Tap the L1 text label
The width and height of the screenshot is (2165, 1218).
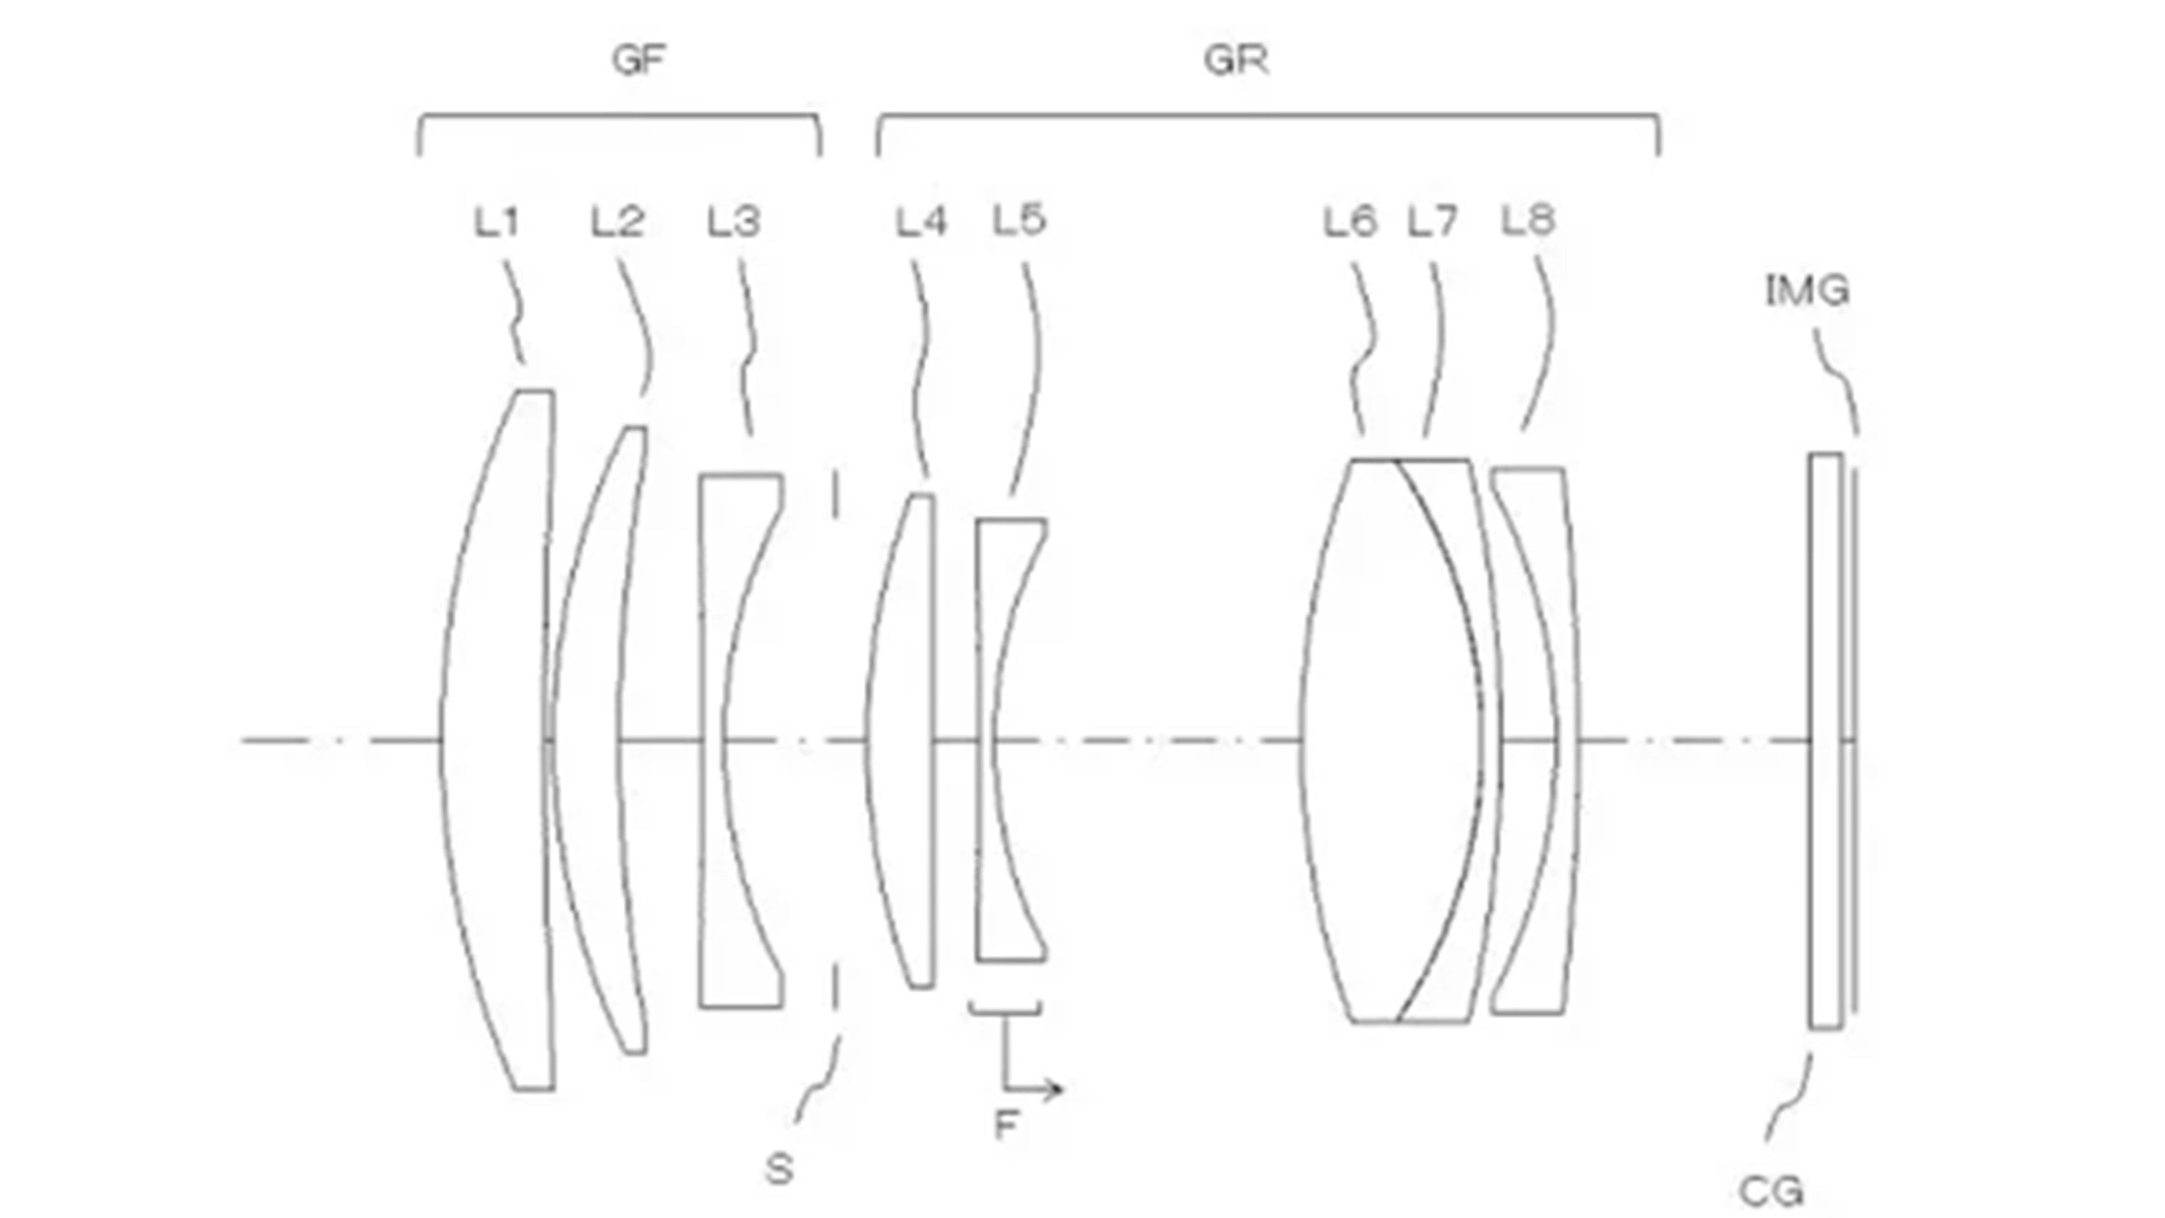point(497,222)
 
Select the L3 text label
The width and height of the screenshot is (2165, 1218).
point(734,222)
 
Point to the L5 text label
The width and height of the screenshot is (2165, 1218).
point(1019,219)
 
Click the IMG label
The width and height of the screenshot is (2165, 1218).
point(1807,290)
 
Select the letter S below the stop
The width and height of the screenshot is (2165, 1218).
point(779,1169)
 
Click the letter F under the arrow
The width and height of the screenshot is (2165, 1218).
point(1006,1124)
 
